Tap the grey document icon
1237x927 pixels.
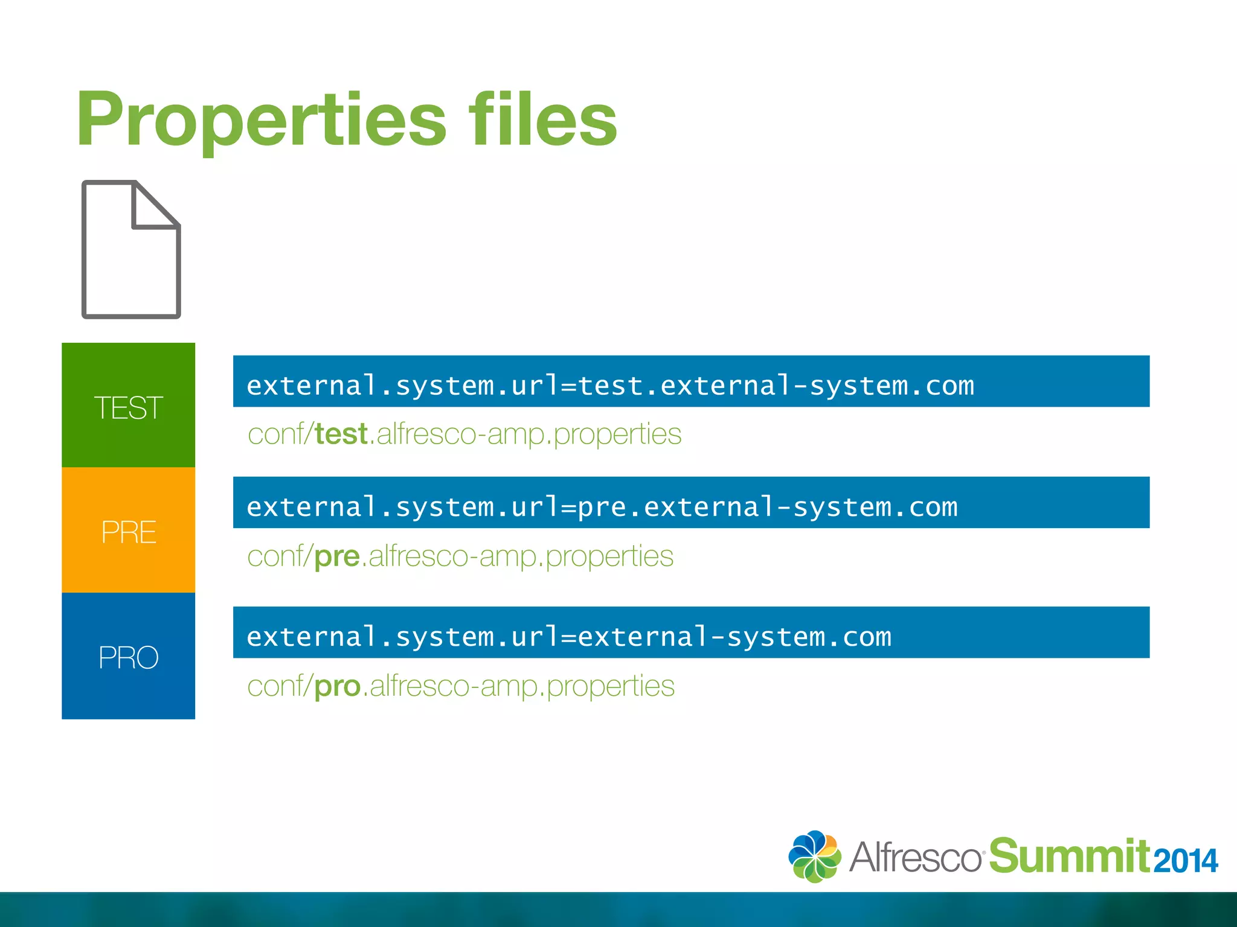pyautogui.click(x=130, y=249)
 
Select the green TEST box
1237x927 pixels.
pyautogui.click(x=128, y=406)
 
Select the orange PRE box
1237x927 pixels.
pyautogui.click(x=128, y=530)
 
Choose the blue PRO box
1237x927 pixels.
pyautogui.click(x=128, y=656)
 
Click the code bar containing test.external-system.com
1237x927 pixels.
pyautogui.click(x=691, y=381)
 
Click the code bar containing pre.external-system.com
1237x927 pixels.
pyautogui.click(x=691, y=503)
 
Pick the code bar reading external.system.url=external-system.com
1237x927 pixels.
pyautogui.click(x=691, y=632)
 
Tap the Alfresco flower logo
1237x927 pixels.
pyautogui.click(x=814, y=856)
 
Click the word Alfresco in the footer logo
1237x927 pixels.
pyautogui.click(x=915, y=857)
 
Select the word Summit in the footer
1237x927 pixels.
pyautogui.click(x=1069, y=856)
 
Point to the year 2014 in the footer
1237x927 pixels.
pyautogui.click(x=1185, y=861)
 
